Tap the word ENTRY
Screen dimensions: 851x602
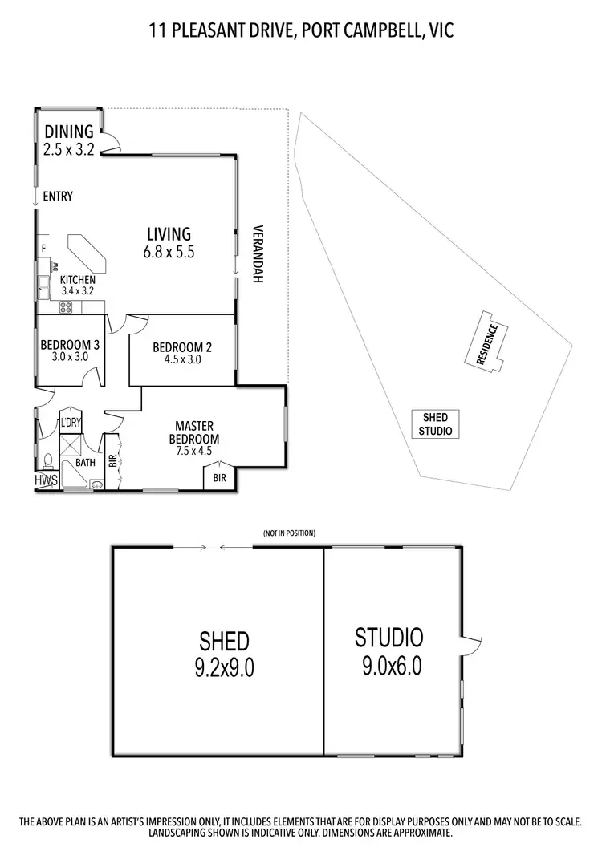[58, 196]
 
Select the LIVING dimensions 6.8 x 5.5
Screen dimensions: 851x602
[169, 251]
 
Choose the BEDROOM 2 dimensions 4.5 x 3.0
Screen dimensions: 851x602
[182, 360]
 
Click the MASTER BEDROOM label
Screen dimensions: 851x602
[193, 432]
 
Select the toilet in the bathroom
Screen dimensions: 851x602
[47, 460]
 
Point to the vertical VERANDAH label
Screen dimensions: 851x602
[258, 253]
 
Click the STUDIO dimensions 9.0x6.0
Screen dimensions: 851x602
[388, 666]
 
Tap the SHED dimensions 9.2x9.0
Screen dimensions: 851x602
[224, 667]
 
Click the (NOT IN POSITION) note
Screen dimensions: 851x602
[289, 533]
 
